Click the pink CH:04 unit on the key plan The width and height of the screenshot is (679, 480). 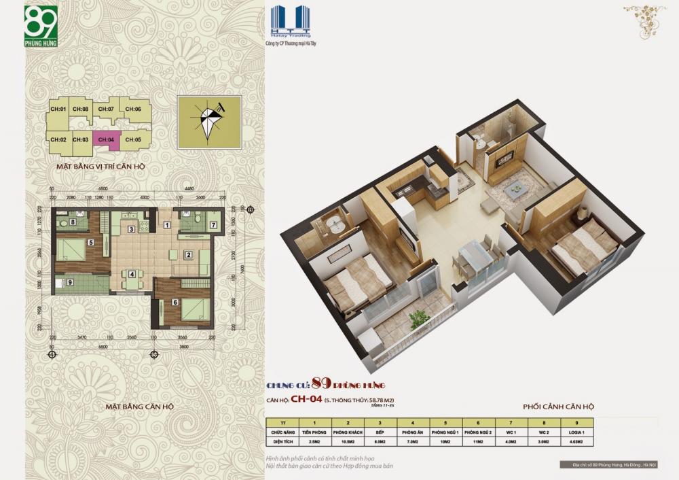click(106, 139)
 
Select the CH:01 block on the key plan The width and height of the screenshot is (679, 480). click(58, 109)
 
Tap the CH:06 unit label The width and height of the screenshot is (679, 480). click(133, 109)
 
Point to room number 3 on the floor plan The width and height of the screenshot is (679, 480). click(131, 229)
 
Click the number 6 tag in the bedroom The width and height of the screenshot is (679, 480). click(175, 303)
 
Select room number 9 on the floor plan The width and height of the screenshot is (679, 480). click(71, 282)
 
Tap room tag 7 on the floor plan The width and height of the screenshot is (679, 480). click(213, 224)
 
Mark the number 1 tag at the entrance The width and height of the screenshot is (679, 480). click(167, 225)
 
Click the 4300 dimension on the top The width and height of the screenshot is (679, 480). click(145, 197)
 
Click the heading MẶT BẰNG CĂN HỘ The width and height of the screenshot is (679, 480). click(139, 406)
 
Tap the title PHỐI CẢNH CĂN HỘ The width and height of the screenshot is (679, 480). click(559, 406)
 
